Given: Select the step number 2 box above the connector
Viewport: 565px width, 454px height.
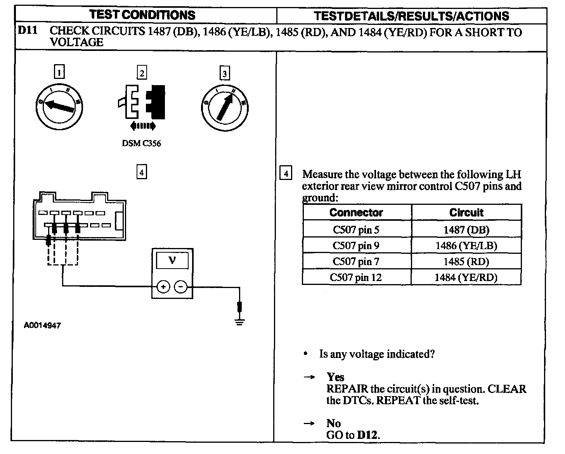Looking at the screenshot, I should click(x=142, y=73).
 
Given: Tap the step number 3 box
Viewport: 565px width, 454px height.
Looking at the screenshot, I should click(x=225, y=73).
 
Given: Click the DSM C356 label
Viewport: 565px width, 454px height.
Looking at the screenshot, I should click(x=141, y=143).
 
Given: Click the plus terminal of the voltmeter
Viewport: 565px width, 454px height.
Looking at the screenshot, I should click(x=163, y=287).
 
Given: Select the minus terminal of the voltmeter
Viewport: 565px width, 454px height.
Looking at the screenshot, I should click(x=181, y=287).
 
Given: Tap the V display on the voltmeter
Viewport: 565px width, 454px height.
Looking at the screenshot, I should click(x=172, y=260).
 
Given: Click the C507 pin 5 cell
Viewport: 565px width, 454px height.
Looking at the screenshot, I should click(x=356, y=230).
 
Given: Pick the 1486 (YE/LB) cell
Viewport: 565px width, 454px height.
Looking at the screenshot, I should click(x=466, y=246).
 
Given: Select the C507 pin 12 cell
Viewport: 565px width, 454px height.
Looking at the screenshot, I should click(x=356, y=278).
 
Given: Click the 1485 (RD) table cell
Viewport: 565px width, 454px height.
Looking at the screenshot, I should click(x=466, y=262).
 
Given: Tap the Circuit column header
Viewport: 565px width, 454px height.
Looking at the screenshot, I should click(x=466, y=213).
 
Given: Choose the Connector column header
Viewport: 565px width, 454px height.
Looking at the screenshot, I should click(x=356, y=213).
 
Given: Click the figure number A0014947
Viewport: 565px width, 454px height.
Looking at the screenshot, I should click(x=42, y=326).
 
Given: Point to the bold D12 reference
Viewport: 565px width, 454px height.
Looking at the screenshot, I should click(x=367, y=435).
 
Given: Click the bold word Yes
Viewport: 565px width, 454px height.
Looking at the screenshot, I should click(x=335, y=377).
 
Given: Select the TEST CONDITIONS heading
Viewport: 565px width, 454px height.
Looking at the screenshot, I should click(x=142, y=15).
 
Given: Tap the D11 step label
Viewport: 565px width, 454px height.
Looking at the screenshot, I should click(x=28, y=31).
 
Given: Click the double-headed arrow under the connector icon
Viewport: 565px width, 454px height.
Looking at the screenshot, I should click(x=143, y=126).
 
